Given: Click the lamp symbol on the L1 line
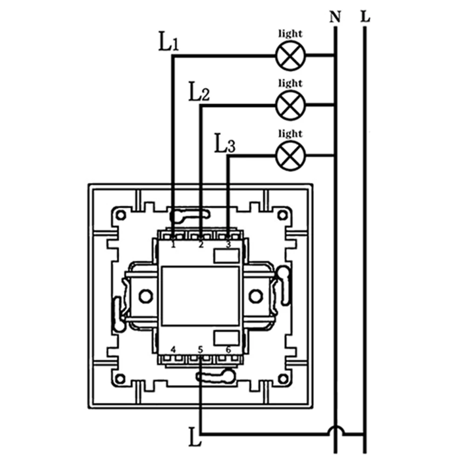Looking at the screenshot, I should [290, 55].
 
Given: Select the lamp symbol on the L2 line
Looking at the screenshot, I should [290, 105].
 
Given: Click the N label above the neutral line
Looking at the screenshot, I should [335, 18].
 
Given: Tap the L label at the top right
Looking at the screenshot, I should [365, 18].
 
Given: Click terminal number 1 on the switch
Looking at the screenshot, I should [173, 244].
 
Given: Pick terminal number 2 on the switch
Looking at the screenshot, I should [201, 244].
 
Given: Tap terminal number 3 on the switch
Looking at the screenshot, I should [228, 244].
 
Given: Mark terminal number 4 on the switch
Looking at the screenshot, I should [173, 349].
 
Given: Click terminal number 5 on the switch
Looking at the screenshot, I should [201, 349].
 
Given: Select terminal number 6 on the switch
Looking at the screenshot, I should [228, 349].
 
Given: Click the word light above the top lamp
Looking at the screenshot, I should [290, 34].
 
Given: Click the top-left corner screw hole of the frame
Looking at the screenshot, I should [121, 215].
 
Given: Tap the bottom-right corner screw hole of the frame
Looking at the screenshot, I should [281, 378].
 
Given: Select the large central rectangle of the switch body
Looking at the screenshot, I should [200, 296].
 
